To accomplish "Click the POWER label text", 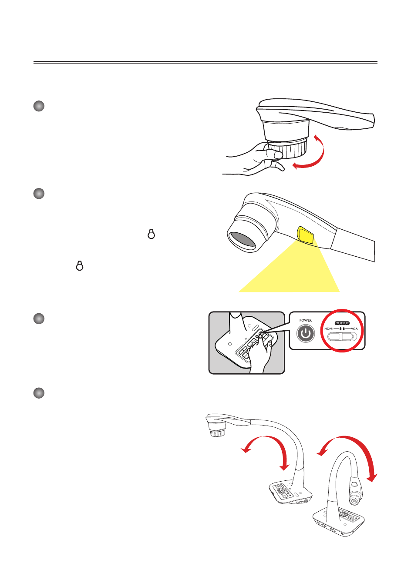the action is point(305,320).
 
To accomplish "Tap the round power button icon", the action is point(306,333).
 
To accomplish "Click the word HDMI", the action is point(329,329).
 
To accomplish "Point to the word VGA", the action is point(354,329).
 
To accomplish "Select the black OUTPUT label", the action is point(342,323).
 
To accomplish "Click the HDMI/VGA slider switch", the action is point(342,337).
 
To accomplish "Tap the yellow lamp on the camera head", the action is point(305,235).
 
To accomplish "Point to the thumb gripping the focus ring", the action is point(273,154).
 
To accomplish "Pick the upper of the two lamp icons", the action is point(151,234).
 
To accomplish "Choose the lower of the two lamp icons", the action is point(80,266).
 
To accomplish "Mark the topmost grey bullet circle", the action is point(39,106).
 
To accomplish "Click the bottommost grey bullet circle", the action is point(39,393).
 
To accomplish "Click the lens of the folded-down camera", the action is point(354,501).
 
